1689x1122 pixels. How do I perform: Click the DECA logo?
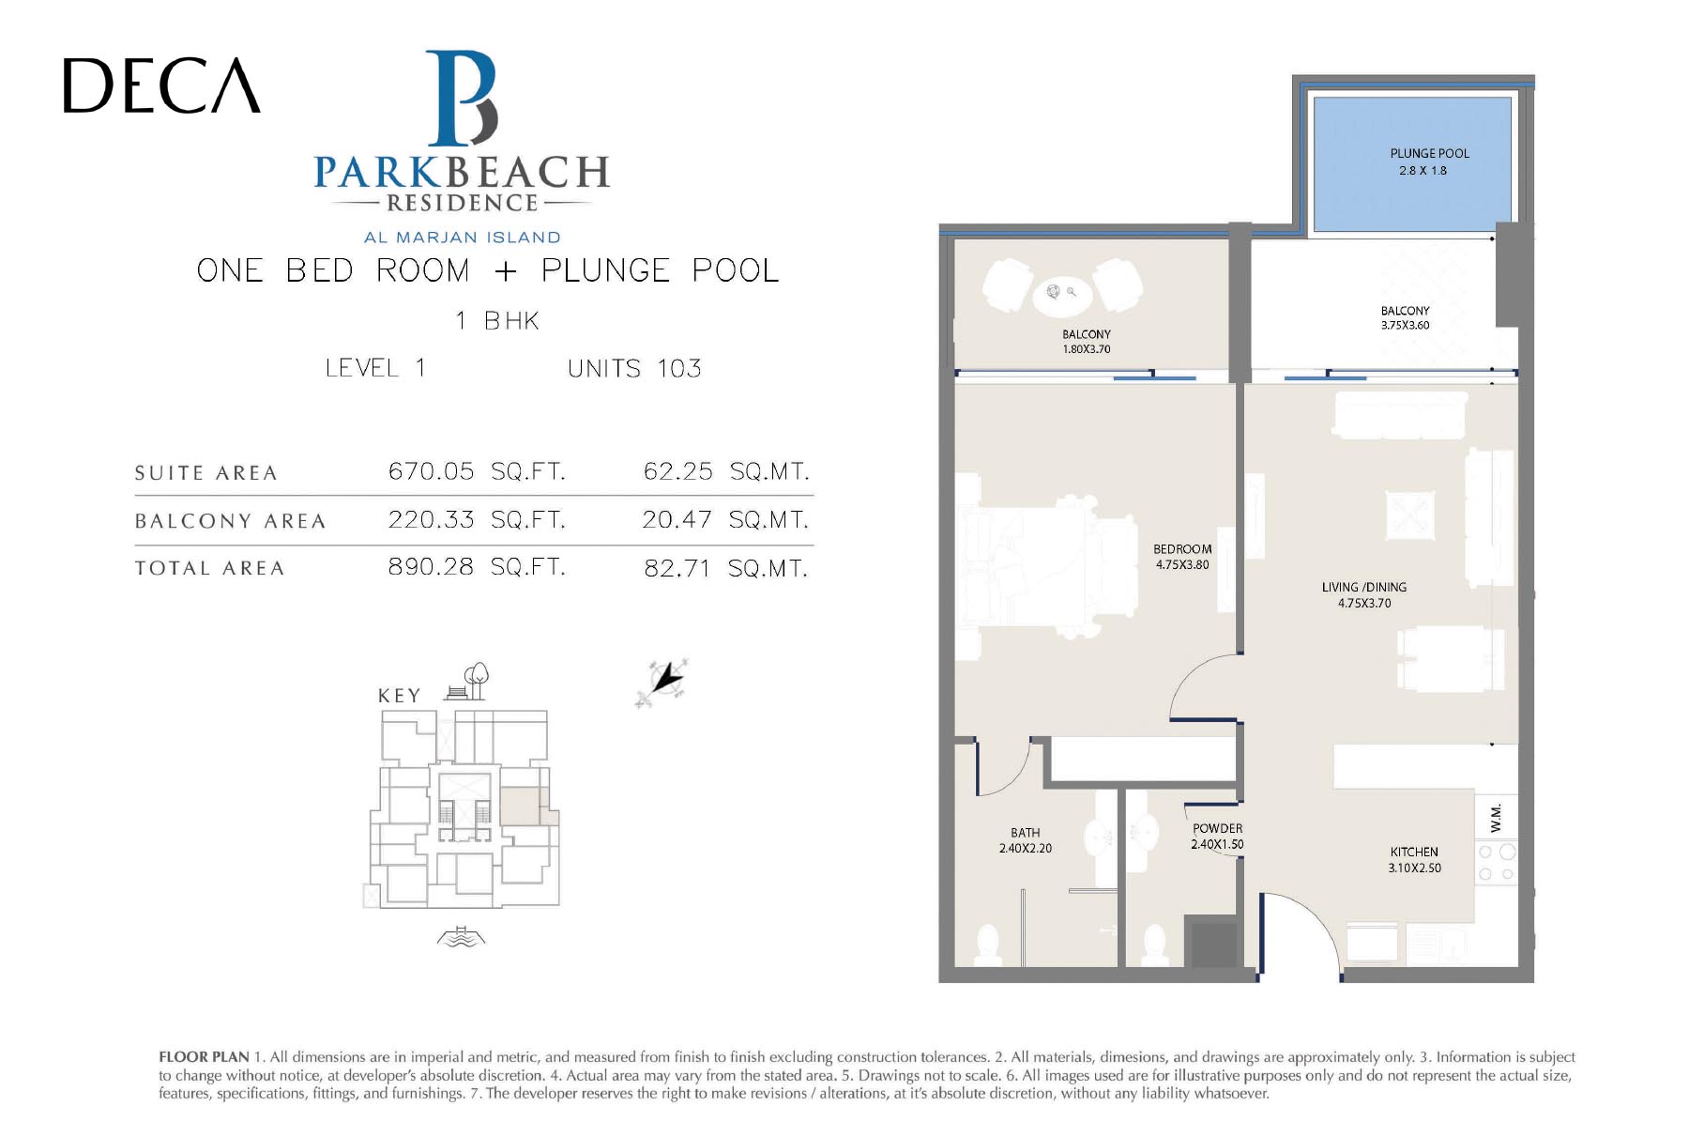[161, 85]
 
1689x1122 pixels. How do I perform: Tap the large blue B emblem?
[462, 98]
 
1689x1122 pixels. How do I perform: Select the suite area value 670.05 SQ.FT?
[477, 470]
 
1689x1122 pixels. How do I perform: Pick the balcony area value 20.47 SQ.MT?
[725, 519]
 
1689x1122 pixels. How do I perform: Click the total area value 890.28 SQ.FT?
[477, 567]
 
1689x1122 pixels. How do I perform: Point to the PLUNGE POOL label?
[1430, 153]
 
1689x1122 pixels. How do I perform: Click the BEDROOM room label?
[1182, 549]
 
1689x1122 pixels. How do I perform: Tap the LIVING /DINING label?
[1364, 587]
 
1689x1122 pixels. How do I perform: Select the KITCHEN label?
[1414, 852]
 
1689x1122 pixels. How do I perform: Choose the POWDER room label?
[1218, 828]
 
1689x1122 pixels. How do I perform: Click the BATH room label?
[1026, 832]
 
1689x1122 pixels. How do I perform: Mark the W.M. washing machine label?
[1496, 817]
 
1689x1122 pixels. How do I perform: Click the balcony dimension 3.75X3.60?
[1405, 326]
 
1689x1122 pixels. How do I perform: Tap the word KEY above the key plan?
[400, 696]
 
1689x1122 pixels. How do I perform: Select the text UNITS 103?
[634, 368]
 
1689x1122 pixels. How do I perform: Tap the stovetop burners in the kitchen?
[1496, 863]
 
